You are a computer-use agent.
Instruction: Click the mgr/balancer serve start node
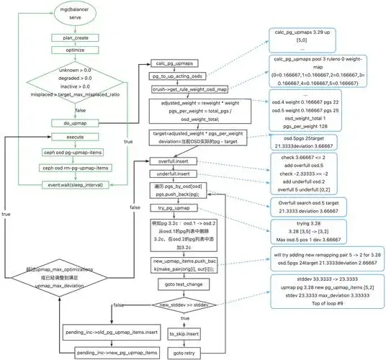[70, 14]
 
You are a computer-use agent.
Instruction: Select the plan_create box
[71, 37]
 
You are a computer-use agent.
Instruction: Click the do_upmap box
[71, 124]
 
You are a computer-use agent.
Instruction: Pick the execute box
[71, 137]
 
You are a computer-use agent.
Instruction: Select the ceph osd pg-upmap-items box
[71, 153]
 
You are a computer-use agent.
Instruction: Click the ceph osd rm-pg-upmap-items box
[71, 168]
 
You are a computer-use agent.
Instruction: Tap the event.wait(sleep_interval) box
[71, 184]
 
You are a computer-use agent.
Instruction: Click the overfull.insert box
[172, 163]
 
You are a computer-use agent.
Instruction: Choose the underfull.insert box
[172, 174]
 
